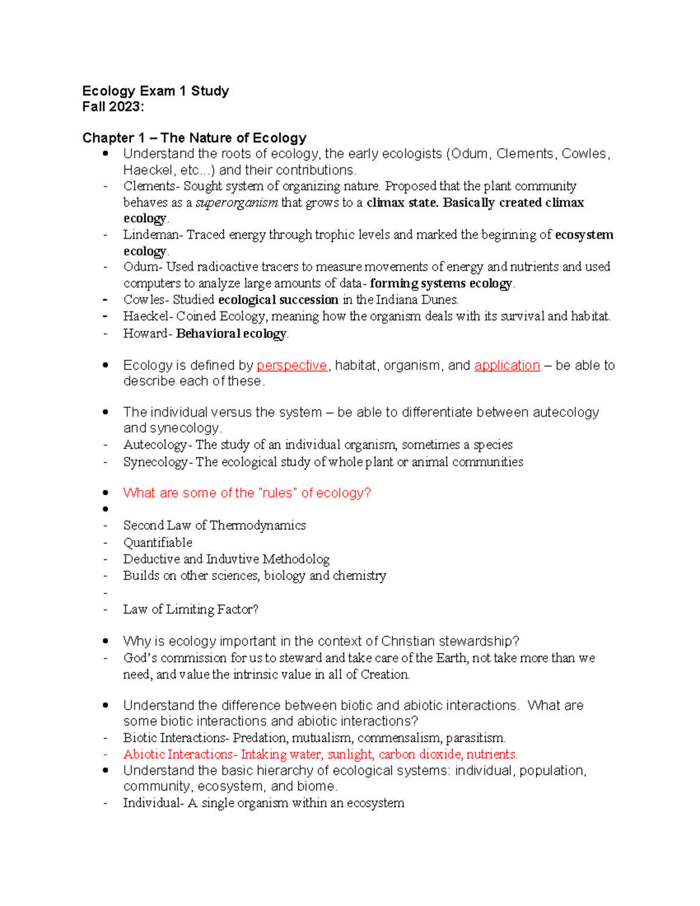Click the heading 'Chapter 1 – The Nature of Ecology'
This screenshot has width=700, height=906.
[x=194, y=138]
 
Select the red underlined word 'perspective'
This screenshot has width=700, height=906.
[x=292, y=366]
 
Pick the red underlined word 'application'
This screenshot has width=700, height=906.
[x=507, y=366]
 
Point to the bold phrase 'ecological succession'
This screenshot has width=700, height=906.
[x=278, y=300]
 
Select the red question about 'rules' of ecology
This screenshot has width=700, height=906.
[x=247, y=493]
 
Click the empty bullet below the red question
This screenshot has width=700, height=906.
[x=106, y=509]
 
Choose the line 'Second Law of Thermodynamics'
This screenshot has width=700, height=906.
[x=214, y=526]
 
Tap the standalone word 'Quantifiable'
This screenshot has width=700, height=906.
[x=157, y=543]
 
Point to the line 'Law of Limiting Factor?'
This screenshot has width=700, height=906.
[x=190, y=610]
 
